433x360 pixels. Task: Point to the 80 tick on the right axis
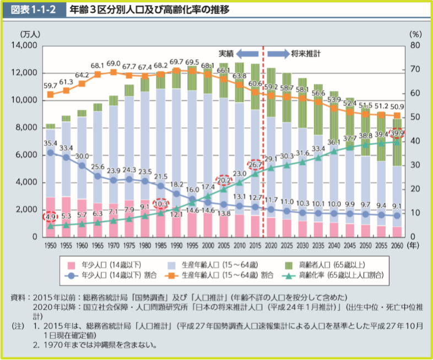tap(415, 46)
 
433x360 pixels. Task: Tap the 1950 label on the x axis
tap(50, 245)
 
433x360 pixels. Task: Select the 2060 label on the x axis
tap(397, 245)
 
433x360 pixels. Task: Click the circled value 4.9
tap(50, 217)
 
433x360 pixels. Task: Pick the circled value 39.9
tap(397, 133)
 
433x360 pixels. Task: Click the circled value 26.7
tap(256, 164)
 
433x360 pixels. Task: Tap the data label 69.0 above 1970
tap(113, 64)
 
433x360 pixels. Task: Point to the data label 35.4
tap(50, 143)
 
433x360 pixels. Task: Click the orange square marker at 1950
tap(50, 94)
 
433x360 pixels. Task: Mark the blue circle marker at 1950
tap(50, 152)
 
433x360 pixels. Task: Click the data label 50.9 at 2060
tap(397, 106)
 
